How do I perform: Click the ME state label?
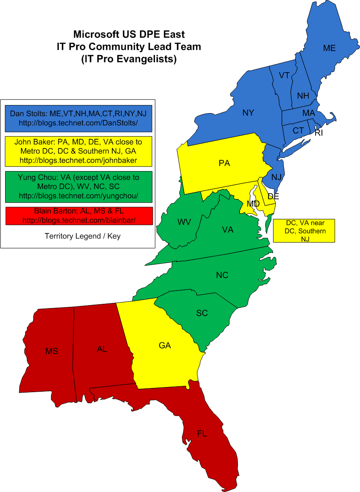[x=329, y=48]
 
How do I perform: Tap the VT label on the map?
[x=284, y=76]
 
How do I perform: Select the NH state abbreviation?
[x=303, y=96]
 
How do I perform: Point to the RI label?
[x=319, y=133]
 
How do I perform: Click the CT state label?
[x=298, y=131]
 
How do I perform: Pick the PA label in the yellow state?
[x=224, y=163]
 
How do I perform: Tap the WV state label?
[x=184, y=222]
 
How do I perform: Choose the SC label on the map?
[x=202, y=313]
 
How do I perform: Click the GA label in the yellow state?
[x=165, y=346]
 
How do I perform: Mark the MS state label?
[x=52, y=352]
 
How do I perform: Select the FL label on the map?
[x=202, y=434]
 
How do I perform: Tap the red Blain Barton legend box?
[x=80, y=216]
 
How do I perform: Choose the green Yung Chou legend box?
[x=80, y=187]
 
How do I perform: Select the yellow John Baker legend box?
[x=80, y=151]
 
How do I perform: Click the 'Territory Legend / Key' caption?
[x=82, y=236]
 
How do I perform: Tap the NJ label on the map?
[x=276, y=177]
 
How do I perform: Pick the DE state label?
[x=273, y=196]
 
